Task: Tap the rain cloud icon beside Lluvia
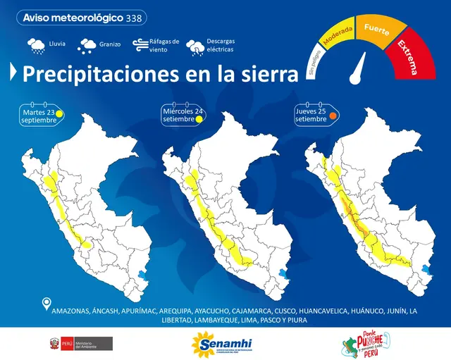point(35,46)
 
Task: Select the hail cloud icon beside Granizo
point(88,46)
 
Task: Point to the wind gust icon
point(138,46)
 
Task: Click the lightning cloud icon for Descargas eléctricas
point(195,47)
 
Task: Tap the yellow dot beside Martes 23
point(61,113)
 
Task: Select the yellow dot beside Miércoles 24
point(199,119)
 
